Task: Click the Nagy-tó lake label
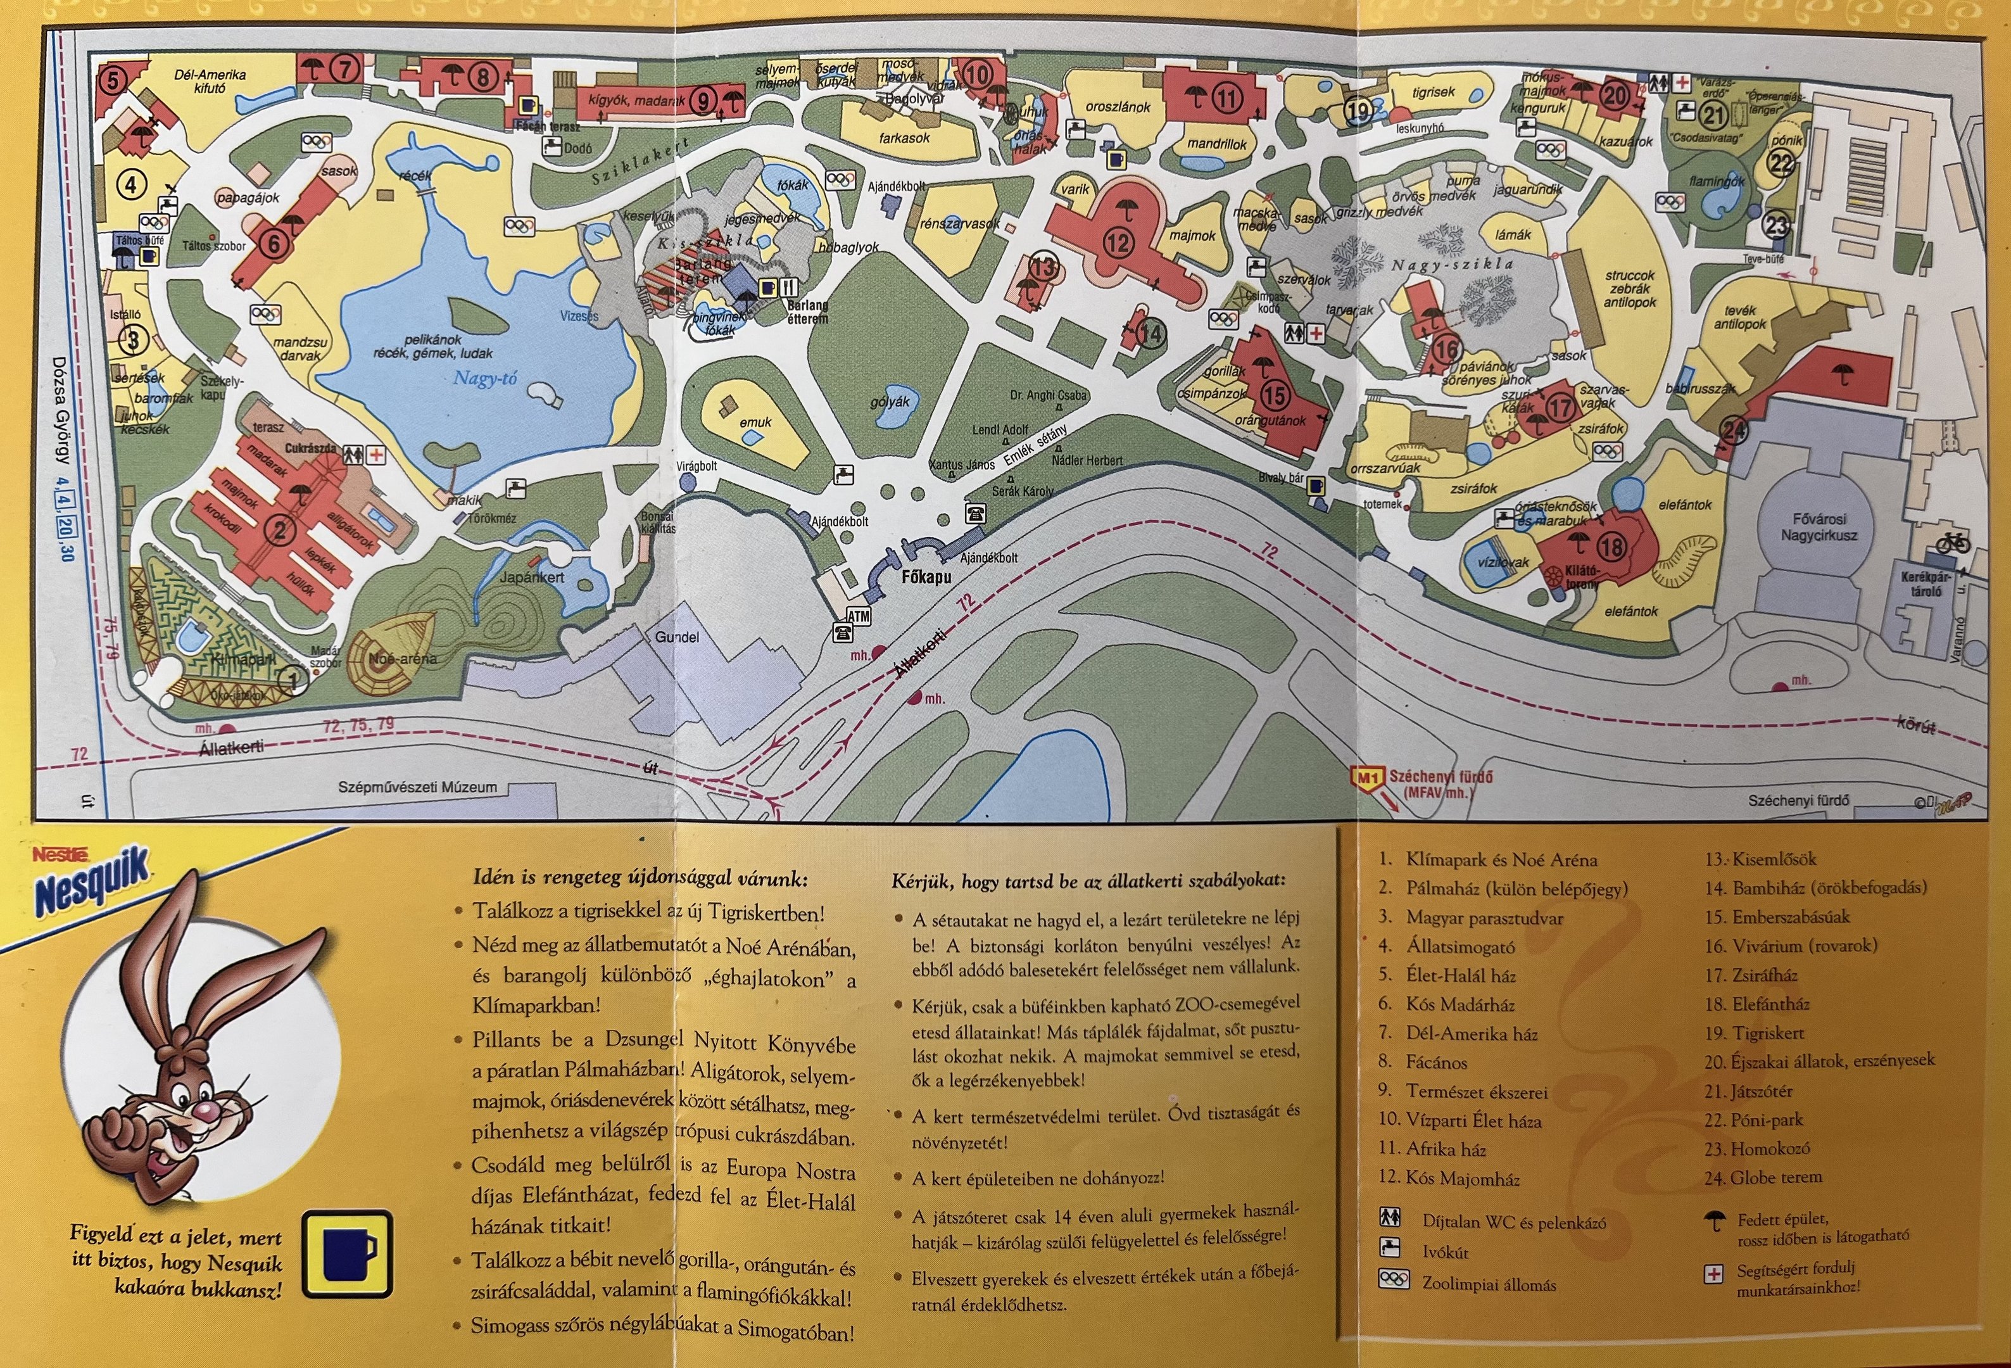click(x=486, y=378)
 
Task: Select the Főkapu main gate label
click(x=926, y=576)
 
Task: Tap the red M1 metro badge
click(x=1367, y=778)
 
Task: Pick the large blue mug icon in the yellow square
click(x=348, y=1255)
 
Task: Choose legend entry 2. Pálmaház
click(x=1502, y=889)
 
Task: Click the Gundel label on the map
click(x=677, y=637)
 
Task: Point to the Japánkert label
click(x=532, y=577)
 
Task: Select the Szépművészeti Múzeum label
click(x=417, y=787)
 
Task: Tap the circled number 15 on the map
click(x=1275, y=395)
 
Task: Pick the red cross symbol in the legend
click(x=1713, y=1274)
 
